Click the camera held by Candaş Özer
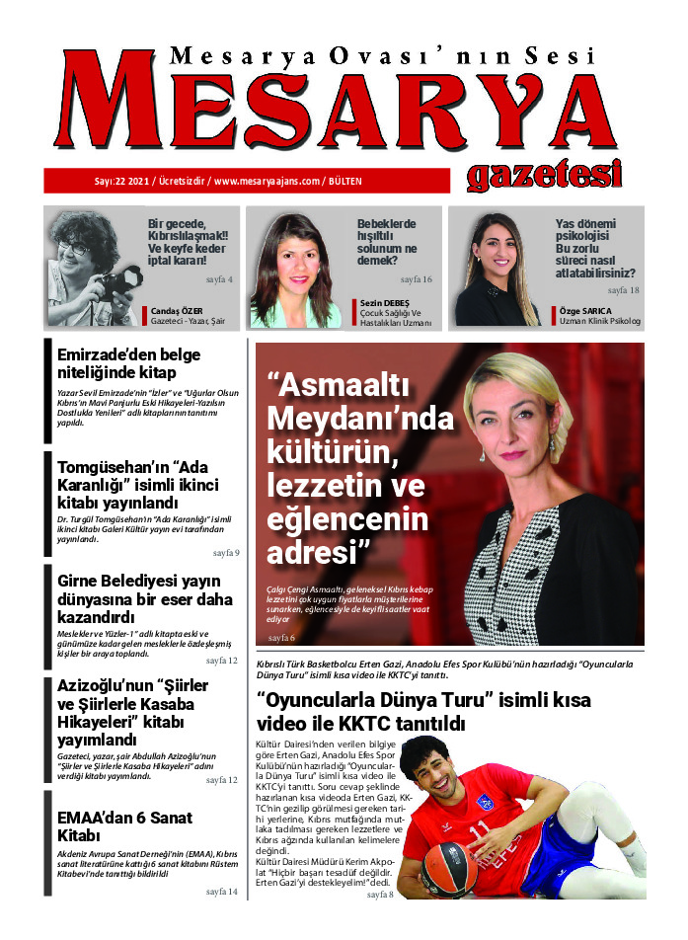[118, 286]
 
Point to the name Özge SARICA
[585, 311]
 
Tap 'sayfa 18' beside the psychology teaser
[623, 290]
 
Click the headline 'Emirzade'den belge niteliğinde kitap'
[130, 362]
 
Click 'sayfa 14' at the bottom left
[222, 892]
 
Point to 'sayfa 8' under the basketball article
[380, 895]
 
